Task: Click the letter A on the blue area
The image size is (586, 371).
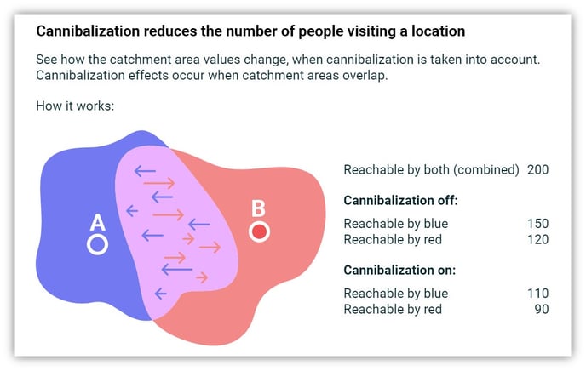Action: click(x=98, y=222)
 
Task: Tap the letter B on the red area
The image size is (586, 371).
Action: click(x=258, y=208)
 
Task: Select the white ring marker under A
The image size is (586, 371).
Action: click(x=98, y=244)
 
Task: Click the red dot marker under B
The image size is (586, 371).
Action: click(x=260, y=231)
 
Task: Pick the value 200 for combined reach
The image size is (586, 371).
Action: click(x=537, y=170)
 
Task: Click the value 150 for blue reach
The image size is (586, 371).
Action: click(x=537, y=224)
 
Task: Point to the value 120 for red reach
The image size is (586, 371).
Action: click(x=537, y=239)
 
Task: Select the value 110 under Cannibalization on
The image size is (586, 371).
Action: click(x=537, y=294)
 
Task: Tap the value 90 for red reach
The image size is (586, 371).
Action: click(x=542, y=309)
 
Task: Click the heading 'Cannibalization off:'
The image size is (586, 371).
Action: click(x=400, y=201)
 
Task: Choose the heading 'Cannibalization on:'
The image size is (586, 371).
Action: click(x=399, y=270)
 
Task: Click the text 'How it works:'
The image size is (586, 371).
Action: click(x=75, y=106)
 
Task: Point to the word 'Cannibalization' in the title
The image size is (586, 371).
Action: click(x=88, y=31)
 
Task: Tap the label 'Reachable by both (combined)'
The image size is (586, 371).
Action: click(x=431, y=170)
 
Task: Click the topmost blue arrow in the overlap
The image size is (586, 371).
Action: click(x=145, y=171)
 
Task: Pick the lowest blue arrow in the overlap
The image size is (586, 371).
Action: click(x=160, y=294)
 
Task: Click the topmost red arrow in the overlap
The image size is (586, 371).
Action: click(x=159, y=183)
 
